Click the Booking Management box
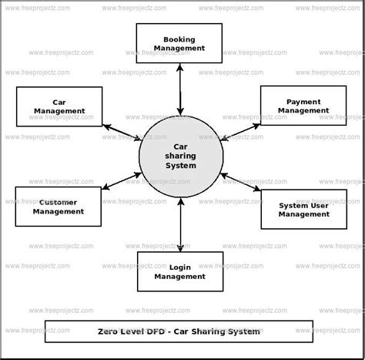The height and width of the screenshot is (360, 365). pos(179,43)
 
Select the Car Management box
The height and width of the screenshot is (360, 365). pos(59,106)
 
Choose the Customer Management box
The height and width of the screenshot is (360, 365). pos(59,207)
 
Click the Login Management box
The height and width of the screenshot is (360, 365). pos(179,271)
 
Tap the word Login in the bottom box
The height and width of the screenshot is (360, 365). pos(179,267)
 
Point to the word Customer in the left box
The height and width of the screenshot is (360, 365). pos(59,202)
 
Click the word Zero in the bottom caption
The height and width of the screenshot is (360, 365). pos(110,331)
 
